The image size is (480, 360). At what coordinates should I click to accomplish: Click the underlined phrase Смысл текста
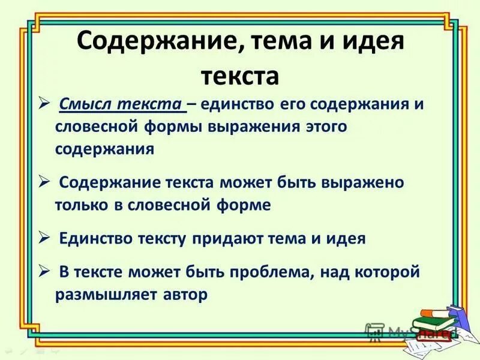[122, 104]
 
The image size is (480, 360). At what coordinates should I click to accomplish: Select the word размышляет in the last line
[107, 295]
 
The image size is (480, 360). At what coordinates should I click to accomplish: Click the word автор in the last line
[186, 295]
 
